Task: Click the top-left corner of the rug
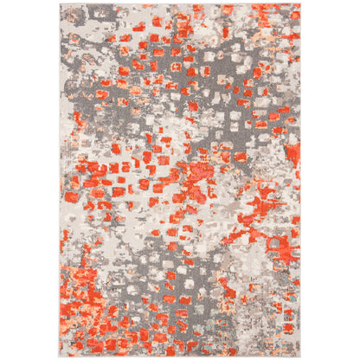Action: point(61,3)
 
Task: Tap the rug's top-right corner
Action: point(300,3)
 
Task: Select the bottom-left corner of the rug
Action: point(61,356)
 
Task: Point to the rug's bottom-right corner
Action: point(300,356)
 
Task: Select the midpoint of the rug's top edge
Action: point(180,3)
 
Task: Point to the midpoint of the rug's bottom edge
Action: point(180,356)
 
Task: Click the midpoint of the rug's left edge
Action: point(61,180)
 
